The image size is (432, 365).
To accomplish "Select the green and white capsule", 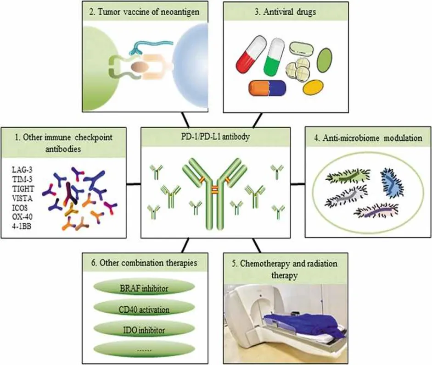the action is [274, 57].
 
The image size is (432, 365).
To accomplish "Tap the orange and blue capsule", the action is [267, 88].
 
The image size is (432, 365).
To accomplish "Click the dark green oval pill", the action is [325, 60].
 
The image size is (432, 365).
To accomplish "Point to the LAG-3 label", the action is [22, 170].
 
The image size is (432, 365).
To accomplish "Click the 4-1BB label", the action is [22, 226].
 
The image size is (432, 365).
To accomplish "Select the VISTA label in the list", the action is [22, 198].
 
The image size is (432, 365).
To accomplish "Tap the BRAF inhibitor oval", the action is [144, 288].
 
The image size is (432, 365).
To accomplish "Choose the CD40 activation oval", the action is [144, 309].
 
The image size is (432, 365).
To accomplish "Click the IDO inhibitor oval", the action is [144, 330].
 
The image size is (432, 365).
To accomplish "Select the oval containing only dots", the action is [144, 349].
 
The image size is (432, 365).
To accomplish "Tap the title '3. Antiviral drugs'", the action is [285, 12].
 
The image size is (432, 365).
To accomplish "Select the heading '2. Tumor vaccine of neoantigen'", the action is [144, 12].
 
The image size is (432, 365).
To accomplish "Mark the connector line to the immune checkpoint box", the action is [134, 183].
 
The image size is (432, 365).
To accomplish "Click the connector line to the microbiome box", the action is [297, 183].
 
